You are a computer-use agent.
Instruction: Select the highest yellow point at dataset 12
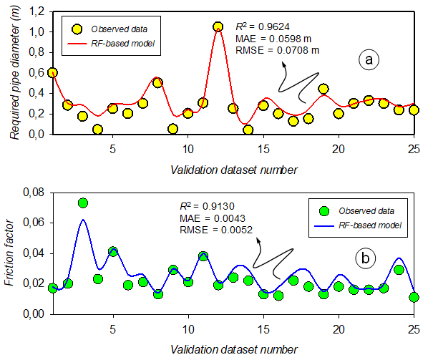218,26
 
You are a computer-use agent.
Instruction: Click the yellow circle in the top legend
76,29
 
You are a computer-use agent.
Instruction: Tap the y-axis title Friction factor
9,254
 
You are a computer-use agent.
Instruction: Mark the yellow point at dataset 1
52,72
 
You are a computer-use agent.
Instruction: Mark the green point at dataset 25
414,297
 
